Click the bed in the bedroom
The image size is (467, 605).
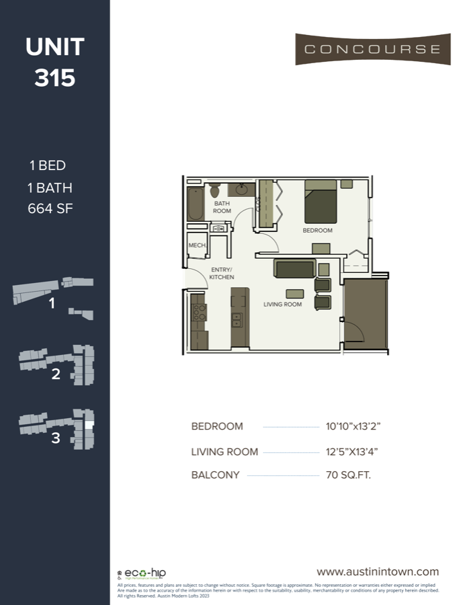pyautogui.click(x=321, y=202)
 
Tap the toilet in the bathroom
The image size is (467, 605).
pyautogui.click(x=214, y=190)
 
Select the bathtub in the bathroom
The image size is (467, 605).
pyautogui.click(x=195, y=202)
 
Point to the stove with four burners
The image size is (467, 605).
pyautogui.click(x=200, y=312)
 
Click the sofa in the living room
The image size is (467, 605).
pyautogui.click(x=295, y=269)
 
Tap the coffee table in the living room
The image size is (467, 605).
pyautogui.click(x=294, y=293)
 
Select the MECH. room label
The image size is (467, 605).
pyautogui.click(x=197, y=245)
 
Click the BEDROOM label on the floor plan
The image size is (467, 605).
pyautogui.click(x=317, y=231)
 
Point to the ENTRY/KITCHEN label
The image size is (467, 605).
pyautogui.click(x=221, y=273)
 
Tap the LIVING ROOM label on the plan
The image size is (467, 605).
pyautogui.click(x=282, y=305)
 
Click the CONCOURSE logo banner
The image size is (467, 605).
pyautogui.click(x=372, y=49)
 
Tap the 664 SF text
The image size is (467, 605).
pyautogui.click(x=50, y=208)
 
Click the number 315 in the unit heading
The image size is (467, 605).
pyautogui.click(x=55, y=79)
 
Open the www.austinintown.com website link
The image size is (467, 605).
pyautogui.click(x=378, y=571)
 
